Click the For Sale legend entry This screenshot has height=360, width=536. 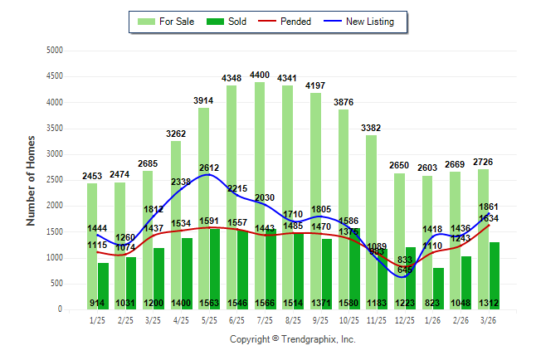[166, 22]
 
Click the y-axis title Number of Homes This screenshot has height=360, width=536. [32, 180]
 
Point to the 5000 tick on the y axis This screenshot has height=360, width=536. [55, 51]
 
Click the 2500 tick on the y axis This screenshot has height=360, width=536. [55, 180]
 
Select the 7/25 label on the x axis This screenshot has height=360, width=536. [264, 319]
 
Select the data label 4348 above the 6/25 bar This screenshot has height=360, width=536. [231, 78]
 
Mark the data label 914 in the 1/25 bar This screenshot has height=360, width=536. [98, 304]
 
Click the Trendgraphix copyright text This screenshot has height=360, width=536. [292, 339]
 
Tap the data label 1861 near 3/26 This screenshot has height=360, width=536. [488, 207]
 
